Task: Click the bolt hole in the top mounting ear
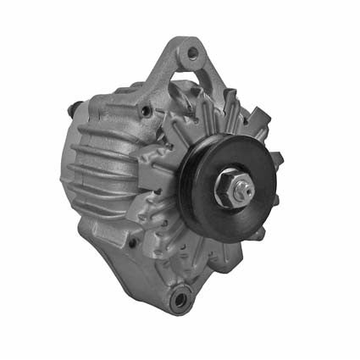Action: pyautogui.click(x=193, y=53)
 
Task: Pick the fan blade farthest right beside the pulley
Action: pyautogui.click(x=276, y=160)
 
